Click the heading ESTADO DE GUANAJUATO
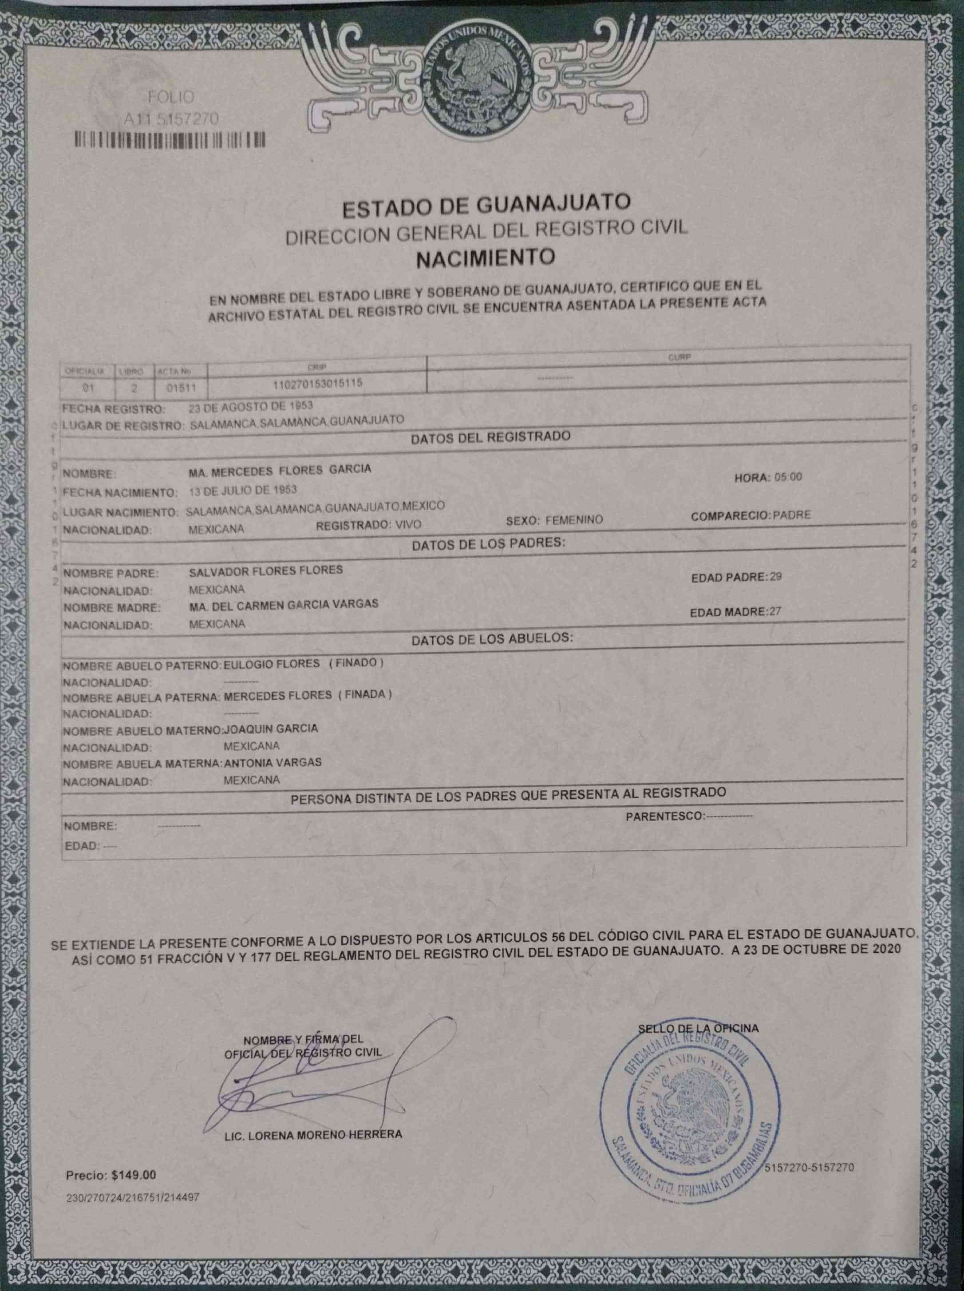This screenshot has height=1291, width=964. coord(486,204)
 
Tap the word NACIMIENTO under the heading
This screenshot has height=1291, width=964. coord(486,257)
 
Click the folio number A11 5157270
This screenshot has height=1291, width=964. coord(171,119)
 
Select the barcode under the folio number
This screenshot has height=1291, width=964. coord(170,140)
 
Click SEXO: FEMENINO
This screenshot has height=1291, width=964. coord(554,520)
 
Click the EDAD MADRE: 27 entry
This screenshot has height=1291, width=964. coord(735,612)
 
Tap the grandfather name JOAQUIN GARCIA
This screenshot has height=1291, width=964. coord(271,729)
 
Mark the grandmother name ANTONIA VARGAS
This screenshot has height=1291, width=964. coord(273,762)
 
